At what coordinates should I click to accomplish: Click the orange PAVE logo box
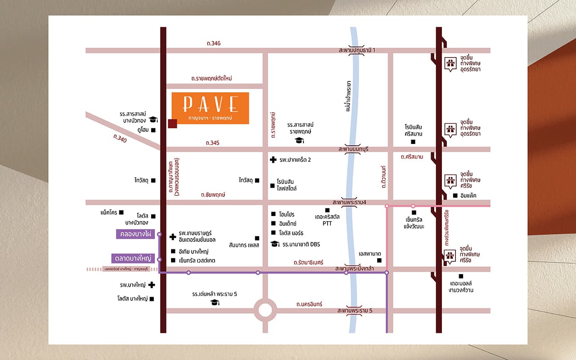tap(210, 108)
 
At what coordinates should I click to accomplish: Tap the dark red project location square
tap(172, 124)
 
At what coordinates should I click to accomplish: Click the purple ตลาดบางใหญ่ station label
tap(133, 259)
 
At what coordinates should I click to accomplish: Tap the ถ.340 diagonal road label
tap(120, 139)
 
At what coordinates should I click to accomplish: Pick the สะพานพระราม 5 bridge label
tap(355, 310)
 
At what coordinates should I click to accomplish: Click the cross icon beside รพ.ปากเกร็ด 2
tap(273, 160)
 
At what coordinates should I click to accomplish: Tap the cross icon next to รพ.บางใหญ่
tap(152, 285)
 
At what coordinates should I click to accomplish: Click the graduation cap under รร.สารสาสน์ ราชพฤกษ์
tap(299, 140)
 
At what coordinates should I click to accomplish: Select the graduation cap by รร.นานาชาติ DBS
tap(274, 244)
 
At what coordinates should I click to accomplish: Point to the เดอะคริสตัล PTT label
tap(327, 220)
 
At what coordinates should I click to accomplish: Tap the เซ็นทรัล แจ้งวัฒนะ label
tap(414, 223)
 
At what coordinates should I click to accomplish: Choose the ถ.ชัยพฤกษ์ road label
tap(213, 195)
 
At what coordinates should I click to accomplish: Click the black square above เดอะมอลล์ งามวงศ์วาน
tap(460, 276)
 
